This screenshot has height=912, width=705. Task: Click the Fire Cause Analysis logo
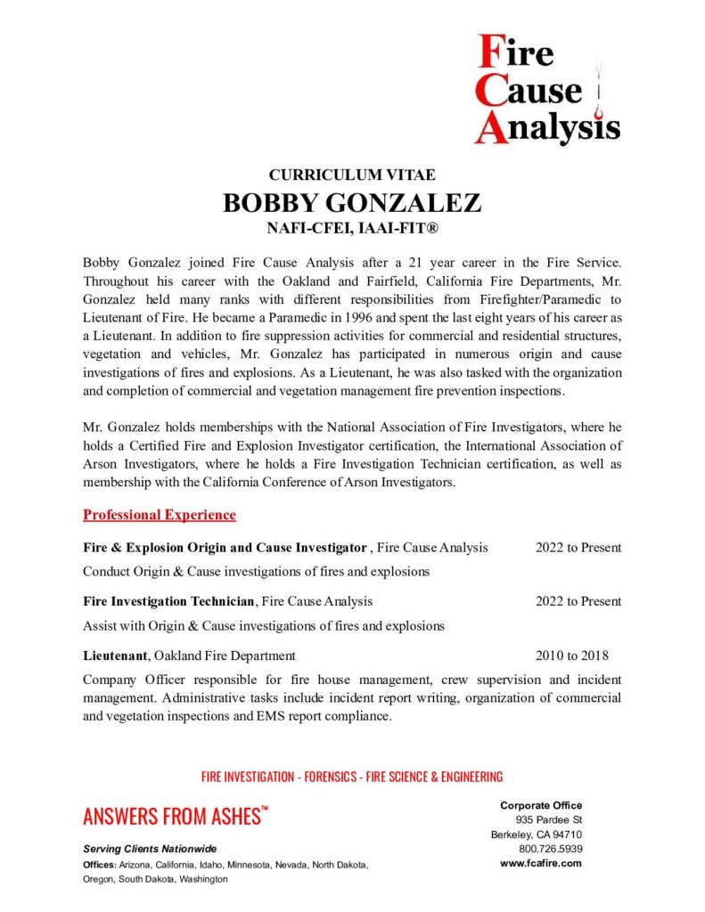[545, 88]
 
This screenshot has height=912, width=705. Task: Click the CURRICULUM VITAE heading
[352, 175]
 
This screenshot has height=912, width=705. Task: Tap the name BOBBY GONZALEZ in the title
[352, 202]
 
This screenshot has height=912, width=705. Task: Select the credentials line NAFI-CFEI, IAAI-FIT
[352, 229]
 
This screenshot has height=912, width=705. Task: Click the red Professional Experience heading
[160, 515]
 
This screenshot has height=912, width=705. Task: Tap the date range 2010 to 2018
[571, 656]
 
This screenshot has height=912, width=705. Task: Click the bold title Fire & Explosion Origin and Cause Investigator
[225, 548]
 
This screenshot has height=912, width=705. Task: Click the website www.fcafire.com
[541, 863]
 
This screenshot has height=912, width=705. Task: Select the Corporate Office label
[540, 805]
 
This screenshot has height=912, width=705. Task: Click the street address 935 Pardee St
[548, 819]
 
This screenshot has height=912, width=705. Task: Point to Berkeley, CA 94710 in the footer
[537, 835]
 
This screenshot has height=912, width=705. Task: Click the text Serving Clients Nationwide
[150, 849]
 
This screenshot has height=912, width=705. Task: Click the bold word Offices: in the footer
[99, 865]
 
